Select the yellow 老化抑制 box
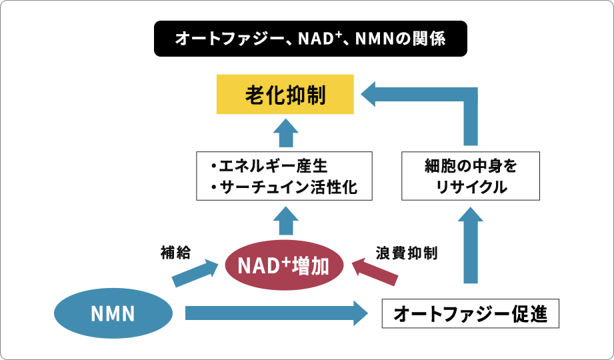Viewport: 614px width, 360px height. coord(285,95)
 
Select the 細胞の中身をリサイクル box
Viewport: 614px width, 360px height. coord(471,176)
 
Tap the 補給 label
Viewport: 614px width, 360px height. coord(175,253)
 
